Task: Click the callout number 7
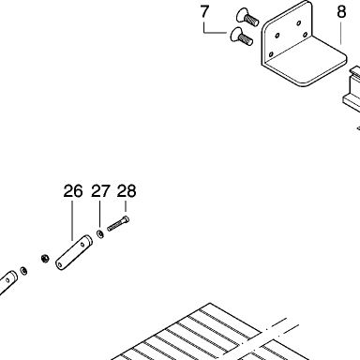point(204,12)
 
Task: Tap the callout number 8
point(341,12)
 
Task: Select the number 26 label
point(73,191)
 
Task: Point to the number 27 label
point(100,191)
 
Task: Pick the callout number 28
point(127,191)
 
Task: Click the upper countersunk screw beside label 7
point(247,18)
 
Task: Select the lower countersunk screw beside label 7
point(241,37)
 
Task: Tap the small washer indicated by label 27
point(100,233)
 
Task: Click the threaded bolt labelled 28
point(118,224)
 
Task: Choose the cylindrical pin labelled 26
point(74,252)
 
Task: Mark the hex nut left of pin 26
point(45,258)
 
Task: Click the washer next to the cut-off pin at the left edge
point(23,271)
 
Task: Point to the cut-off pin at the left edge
point(7,282)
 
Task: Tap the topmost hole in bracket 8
point(299,22)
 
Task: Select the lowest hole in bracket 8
point(271,55)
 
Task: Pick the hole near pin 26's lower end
point(60,265)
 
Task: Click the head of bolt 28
point(126,219)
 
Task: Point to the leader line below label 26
point(72,220)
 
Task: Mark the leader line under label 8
point(341,33)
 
